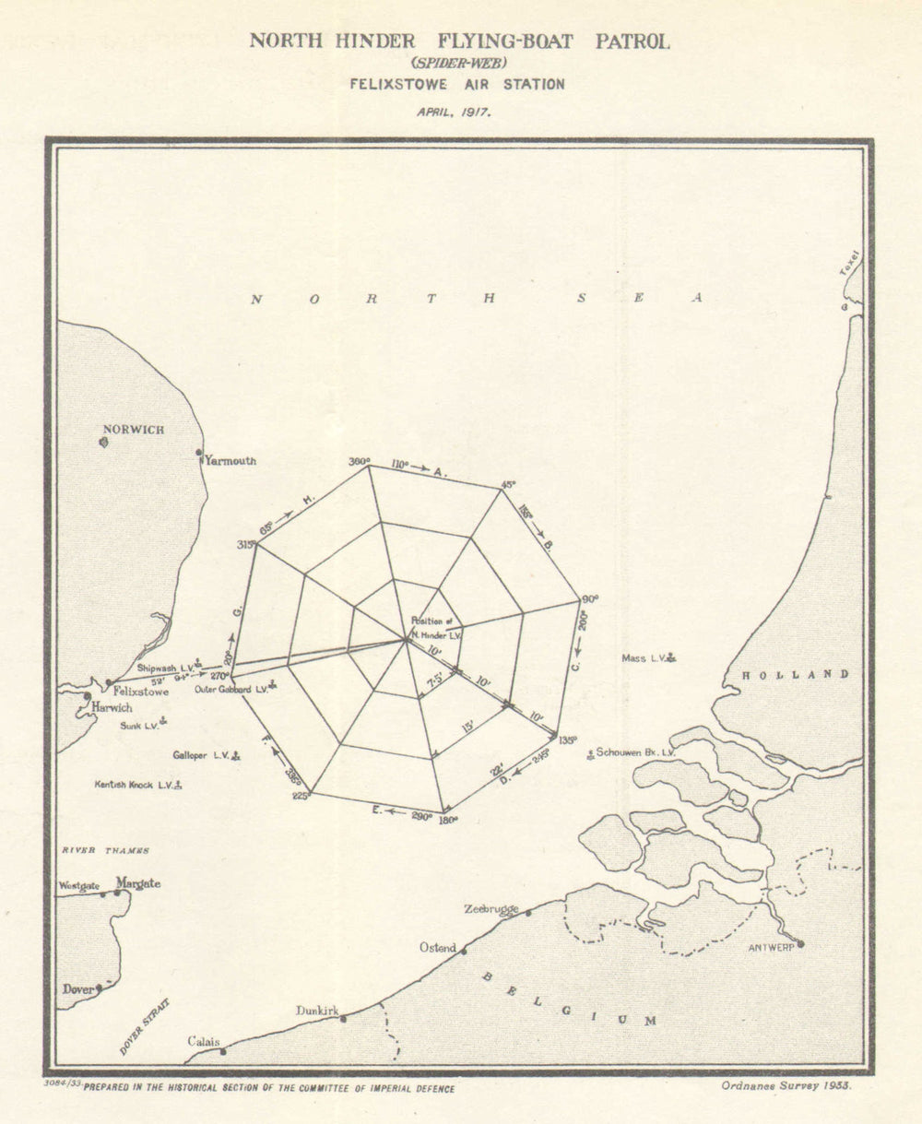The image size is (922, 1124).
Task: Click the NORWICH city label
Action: pyautogui.click(x=134, y=430)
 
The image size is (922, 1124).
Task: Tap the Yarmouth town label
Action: pyautogui.click(x=230, y=461)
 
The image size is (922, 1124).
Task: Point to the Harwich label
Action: pyautogui.click(x=112, y=708)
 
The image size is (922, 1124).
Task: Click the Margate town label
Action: pyautogui.click(x=137, y=883)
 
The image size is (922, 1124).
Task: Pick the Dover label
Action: pyautogui.click(x=78, y=989)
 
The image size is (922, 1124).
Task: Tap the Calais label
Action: pyautogui.click(x=204, y=1041)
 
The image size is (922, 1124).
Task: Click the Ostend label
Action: pyautogui.click(x=438, y=948)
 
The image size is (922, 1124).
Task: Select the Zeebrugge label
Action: pyautogui.click(x=491, y=909)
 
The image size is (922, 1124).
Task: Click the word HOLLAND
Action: pyautogui.click(x=796, y=675)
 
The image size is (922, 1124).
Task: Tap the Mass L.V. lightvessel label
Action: pyautogui.click(x=644, y=658)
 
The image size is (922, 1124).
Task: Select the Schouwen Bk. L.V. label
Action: pyautogui.click(x=635, y=752)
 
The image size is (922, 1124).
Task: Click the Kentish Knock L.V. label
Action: pyautogui.click(x=135, y=785)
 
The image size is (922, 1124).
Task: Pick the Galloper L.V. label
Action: pyautogui.click(x=201, y=755)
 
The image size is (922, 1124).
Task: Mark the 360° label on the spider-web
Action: pyautogui.click(x=360, y=461)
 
